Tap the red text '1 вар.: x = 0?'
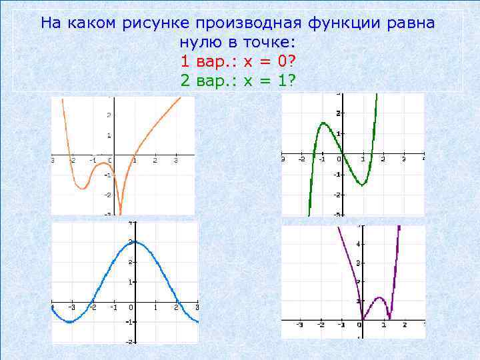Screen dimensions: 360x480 click(x=239, y=62)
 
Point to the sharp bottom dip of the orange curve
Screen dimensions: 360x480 click(x=120, y=212)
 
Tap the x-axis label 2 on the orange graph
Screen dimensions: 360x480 click(x=155, y=161)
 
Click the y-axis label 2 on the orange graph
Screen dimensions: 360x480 click(x=108, y=115)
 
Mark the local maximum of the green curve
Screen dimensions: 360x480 click(x=323, y=123)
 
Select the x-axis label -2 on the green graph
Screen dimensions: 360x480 click(x=302, y=160)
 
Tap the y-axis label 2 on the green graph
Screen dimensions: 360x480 click(x=338, y=113)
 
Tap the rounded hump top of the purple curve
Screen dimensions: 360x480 click(x=379, y=297)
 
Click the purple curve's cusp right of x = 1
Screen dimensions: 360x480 click(x=389, y=317)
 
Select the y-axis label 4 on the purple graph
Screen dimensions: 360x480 click(x=358, y=244)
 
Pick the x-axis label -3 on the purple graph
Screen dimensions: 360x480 click(x=300, y=325)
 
